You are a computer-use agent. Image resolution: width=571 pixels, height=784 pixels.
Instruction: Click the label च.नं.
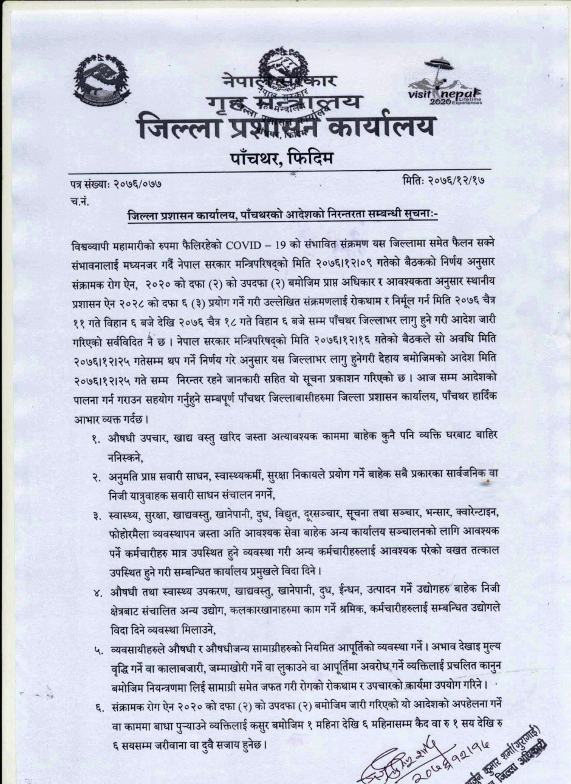[79, 200]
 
